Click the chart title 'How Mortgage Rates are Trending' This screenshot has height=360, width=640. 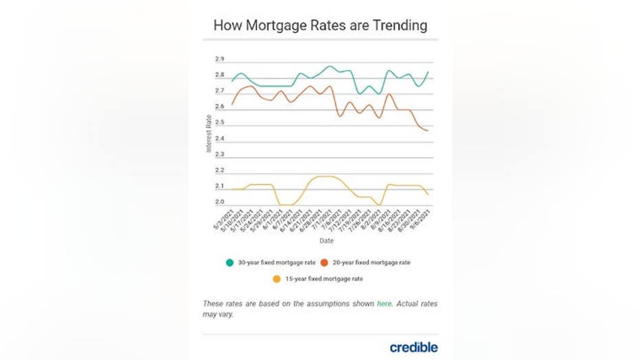tap(320, 25)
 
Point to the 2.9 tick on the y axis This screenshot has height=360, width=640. tap(220, 60)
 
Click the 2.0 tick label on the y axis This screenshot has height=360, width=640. tap(220, 202)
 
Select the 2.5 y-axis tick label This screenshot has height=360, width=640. tap(220, 123)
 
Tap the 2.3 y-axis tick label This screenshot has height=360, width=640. tap(220, 155)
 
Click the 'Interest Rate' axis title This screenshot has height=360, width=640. tap(209, 133)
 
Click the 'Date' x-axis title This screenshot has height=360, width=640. tap(326, 241)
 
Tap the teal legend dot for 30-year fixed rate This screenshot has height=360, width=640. tap(229, 262)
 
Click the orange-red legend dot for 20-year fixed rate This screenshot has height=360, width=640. tap(324, 262)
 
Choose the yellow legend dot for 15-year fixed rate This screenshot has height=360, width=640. tap(277, 279)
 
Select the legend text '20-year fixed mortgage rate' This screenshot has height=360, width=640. tap(371, 262)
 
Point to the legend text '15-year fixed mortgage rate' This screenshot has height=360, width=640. tap(323, 279)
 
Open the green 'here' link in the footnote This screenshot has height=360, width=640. tap(385, 304)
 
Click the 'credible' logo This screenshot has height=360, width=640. tap(413, 347)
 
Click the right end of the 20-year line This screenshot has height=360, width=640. tap(428, 131)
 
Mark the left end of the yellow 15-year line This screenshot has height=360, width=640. tap(232, 189)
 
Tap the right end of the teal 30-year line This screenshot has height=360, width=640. tap(428, 72)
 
